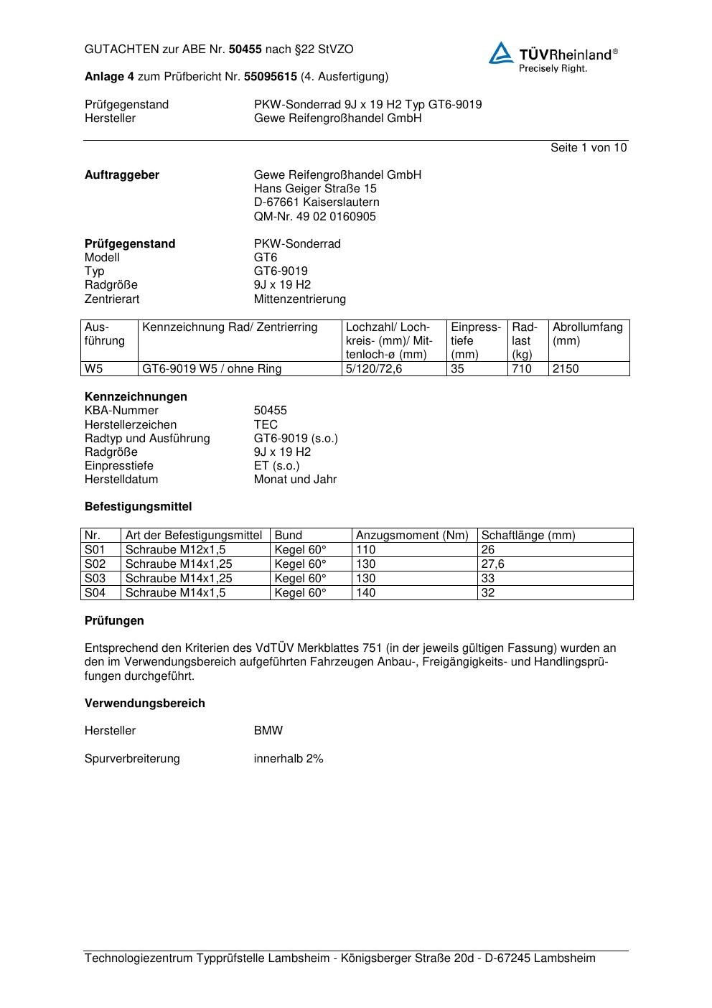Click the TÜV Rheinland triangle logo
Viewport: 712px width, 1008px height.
(501, 53)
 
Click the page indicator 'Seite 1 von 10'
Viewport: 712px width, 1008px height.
(588, 148)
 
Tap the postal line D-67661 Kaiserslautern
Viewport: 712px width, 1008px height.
(317, 202)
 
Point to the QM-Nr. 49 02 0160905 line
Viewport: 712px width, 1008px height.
(314, 216)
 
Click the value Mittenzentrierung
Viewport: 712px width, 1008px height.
(299, 299)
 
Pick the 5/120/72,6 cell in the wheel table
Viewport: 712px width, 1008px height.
(374, 369)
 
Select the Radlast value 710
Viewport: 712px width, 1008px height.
(522, 369)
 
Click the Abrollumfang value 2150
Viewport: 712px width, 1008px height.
(566, 369)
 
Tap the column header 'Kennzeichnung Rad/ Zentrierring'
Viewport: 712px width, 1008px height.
(230, 327)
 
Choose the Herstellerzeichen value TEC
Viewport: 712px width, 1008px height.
(266, 424)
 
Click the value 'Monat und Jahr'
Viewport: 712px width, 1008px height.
(295, 479)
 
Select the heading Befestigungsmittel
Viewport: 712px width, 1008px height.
(139, 506)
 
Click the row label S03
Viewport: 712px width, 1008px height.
(95, 578)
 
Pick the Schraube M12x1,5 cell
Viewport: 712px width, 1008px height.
(175, 549)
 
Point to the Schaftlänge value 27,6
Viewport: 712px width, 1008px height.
(492, 564)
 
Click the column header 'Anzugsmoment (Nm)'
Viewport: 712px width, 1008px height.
(412, 535)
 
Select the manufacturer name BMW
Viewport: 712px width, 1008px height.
(268, 730)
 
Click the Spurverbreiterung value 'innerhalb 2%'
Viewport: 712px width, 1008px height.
(289, 758)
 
